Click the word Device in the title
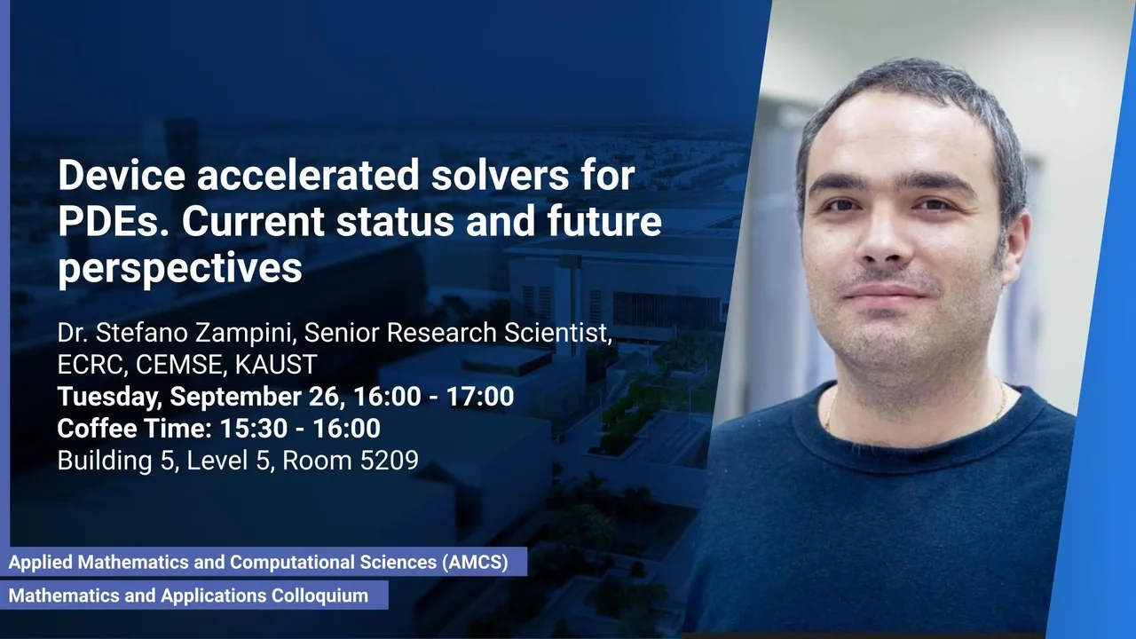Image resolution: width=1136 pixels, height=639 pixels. click(122, 175)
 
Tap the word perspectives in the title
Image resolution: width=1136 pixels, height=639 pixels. click(179, 269)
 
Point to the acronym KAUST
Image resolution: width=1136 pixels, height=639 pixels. click(276, 365)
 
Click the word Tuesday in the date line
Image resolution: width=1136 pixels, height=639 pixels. click(109, 397)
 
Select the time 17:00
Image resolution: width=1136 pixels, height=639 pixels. click(480, 396)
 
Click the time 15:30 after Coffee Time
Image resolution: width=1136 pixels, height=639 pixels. click(253, 429)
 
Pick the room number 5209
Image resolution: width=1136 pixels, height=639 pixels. click(389, 461)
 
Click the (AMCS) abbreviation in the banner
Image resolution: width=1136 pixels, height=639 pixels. click(475, 562)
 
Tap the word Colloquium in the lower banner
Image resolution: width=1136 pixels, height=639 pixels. click(319, 596)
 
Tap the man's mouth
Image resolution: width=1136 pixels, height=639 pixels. click(885, 293)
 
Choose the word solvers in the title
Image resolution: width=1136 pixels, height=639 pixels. click(500, 175)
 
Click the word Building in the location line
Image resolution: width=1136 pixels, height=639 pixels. click(105, 461)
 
